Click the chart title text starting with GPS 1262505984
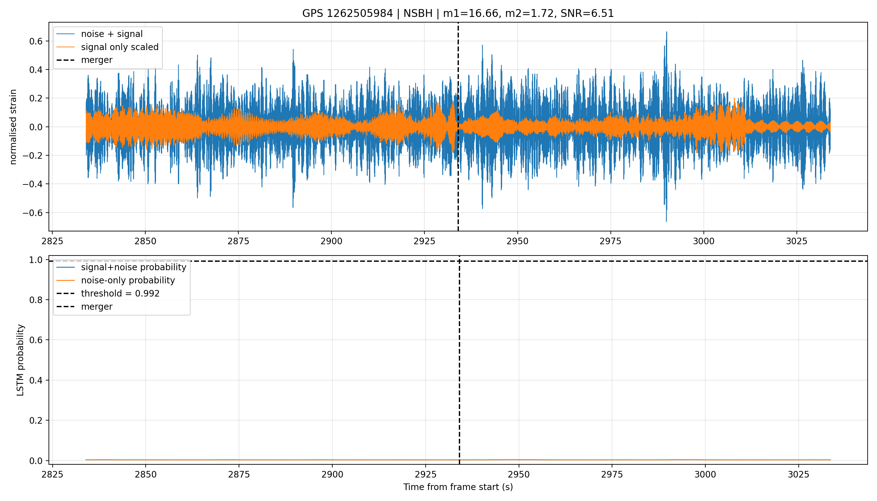[x=458, y=13]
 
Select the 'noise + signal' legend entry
[x=100, y=34]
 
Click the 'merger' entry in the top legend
[x=84, y=60]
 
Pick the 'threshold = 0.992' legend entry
[x=108, y=293]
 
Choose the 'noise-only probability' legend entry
[x=116, y=281]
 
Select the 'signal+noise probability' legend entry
[x=121, y=267]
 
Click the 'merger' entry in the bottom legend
[x=84, y=307]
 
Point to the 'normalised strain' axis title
[x=13, y=127]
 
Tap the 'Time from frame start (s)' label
[x=458, y=487]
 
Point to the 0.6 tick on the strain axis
[x=36, y=41]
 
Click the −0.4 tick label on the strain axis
[x=33, y=184]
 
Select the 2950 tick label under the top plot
[x=517, y=241]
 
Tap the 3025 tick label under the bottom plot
[x=798, y=474]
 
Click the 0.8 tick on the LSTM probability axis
[x=36, y=300]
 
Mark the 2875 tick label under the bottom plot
[x=239, y=474]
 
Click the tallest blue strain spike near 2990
[x=666, y=32]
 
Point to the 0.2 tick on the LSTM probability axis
[x=36, y=421]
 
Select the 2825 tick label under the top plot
[x=52, y=241]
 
